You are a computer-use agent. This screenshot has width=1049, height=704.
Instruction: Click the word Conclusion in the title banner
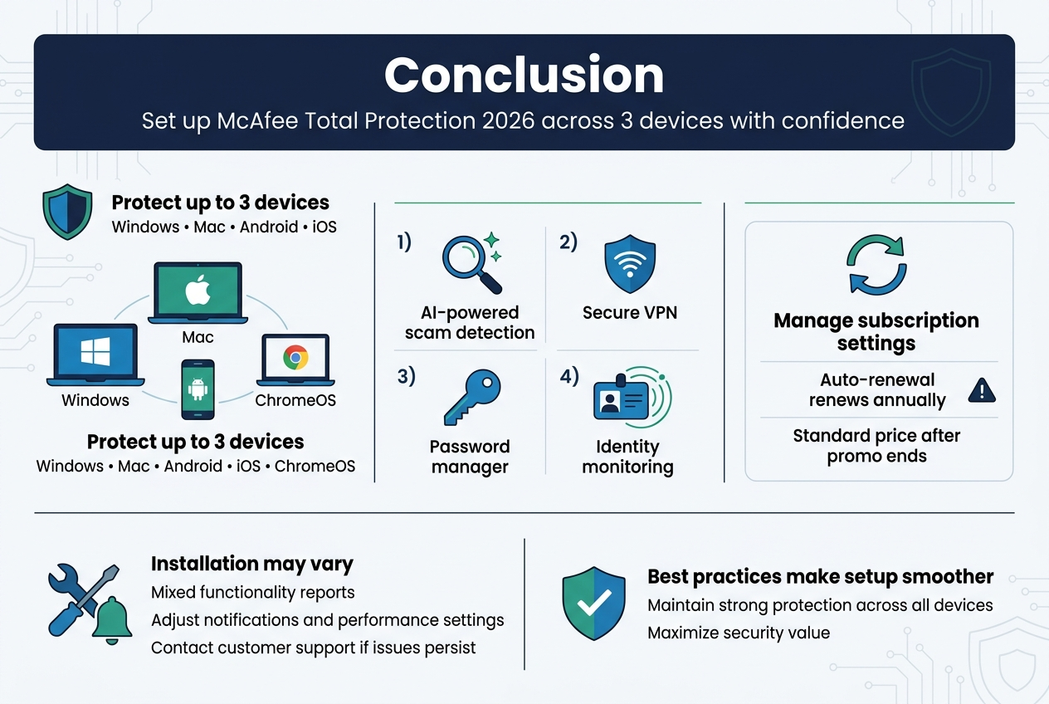pyautogui.click(x=524, y=76)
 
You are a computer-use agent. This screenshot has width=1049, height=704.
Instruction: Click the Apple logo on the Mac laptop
pyautogui.click(x=198, y=292)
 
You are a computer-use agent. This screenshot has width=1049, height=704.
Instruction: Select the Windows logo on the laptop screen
pyautogui.click(x=95, y=351)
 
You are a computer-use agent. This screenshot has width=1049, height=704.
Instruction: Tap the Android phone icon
pyautogui.click(x=198, y=389)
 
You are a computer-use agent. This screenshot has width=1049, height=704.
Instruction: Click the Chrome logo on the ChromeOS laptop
pyautogui.click(x=295, y=358)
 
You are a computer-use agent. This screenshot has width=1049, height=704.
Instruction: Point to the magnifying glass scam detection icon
pyautogui.click(x=470, y=264)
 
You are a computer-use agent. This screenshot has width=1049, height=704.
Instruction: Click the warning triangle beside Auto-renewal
pyautogui.click(x=982, y=389)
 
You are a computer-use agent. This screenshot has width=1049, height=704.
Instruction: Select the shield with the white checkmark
pyautogui.click(x=594, y=604)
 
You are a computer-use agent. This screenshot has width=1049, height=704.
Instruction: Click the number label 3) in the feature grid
pyautogui.click(x=406, y=376)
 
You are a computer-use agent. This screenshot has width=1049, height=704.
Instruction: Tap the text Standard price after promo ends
pyautogui.click(x=876, y=446)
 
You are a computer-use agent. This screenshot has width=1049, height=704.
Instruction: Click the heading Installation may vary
pyautogui.click(x=251, y=565)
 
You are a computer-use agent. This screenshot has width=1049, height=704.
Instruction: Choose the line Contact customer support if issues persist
pyautogui.click(x=313, y=648)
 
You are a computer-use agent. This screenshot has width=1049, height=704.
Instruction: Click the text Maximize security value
pyautogui.click(x=738, y=633)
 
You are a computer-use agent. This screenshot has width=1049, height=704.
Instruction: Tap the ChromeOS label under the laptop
pyautogui.click(x=295, y=400)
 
